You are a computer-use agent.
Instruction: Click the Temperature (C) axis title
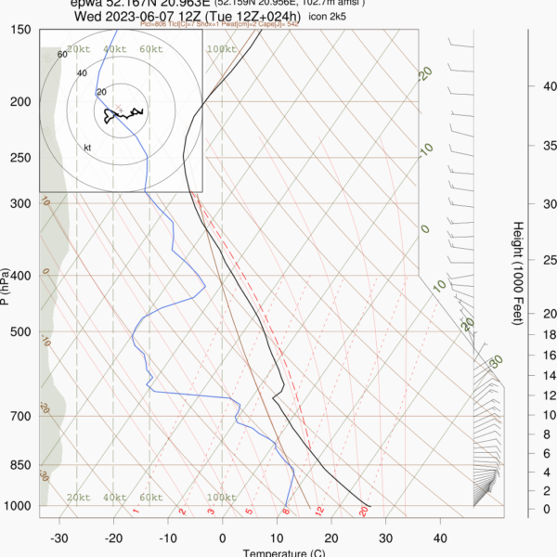(x=284, y=553)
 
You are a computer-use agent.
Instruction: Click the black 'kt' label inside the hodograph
(x=88, y=147)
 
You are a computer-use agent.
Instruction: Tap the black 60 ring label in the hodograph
(x=62, y=55)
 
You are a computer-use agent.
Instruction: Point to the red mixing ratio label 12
(x=319, y=511)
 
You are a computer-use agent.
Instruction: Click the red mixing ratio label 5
(x=249, y=511)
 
